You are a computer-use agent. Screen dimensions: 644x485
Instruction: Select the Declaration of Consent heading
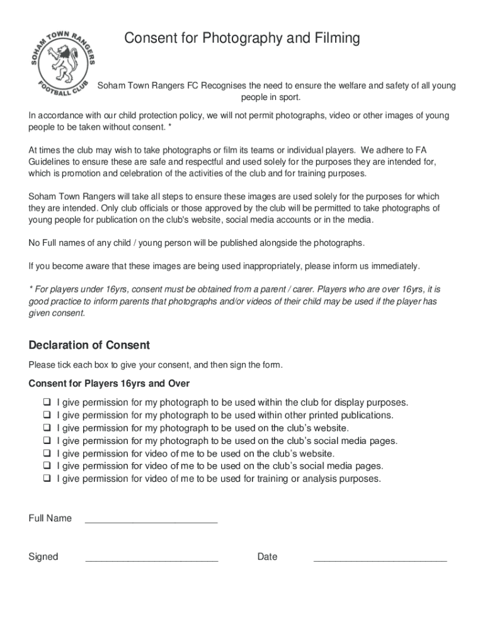point(89,345)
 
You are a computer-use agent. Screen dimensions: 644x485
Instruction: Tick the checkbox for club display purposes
point(47,402)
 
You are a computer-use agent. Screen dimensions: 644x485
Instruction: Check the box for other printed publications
point(47,415)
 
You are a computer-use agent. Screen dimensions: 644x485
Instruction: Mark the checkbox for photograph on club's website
point(47,428)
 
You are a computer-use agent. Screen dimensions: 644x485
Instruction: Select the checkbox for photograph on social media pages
point(47,441)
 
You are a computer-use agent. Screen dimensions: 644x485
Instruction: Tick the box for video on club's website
point(47,453)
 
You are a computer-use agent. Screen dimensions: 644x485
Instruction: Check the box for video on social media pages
point(47,466)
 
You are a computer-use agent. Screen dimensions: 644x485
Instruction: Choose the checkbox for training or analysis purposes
point(47,479)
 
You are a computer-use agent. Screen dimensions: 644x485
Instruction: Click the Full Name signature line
point(151,521)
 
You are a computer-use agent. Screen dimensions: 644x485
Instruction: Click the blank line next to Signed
point(151,559)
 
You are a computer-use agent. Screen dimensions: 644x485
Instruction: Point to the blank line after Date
point(380,559)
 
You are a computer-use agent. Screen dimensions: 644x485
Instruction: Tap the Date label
point(267,557)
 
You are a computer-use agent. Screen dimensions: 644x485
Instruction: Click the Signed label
point(43,557)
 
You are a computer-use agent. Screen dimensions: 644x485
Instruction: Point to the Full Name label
point(50,518)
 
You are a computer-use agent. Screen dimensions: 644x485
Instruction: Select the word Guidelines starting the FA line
point(52,162)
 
